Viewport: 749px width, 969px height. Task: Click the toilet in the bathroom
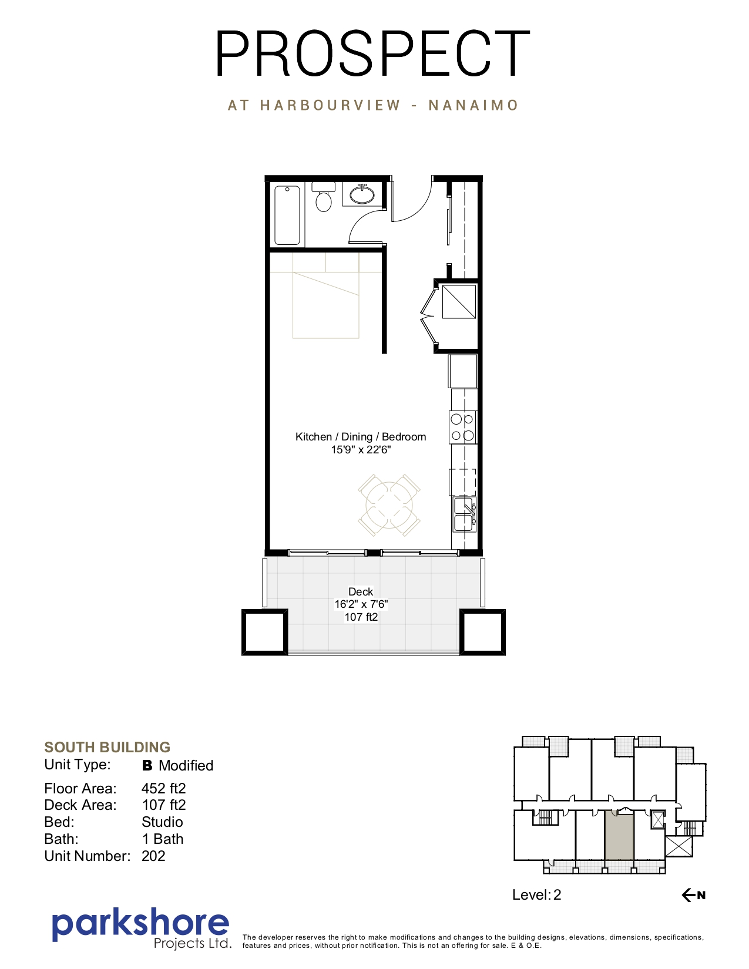pyautogui.click(x=324, y=197)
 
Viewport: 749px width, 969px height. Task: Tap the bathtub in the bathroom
pyautogui.click(x=287, y=216)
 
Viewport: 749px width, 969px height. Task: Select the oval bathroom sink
pyautogui.click(x=362, y=194)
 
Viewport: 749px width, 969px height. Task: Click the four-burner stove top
pyautogui.click(x=462, y=427)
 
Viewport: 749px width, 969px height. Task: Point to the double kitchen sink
pyautogui.click(x=465, y=514)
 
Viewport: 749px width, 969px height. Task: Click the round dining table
pyautogui.click(x=389, y=505)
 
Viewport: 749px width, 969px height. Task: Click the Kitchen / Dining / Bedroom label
pyautogui.click(x=361, y=436)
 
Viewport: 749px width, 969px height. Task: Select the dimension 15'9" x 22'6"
pyautogui.click(x=361, y=449)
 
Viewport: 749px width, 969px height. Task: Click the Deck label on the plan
pyautogui.click(x=361, y=592)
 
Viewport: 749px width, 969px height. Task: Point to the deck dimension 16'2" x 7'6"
pyautogui.click(x=361, y=604)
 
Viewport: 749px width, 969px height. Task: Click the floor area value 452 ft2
pyautogui.click(x=164, y=788)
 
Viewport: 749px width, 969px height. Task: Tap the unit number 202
pyautogui.click(x=153, y=856)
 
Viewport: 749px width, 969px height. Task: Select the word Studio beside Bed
pyautogui.click(x=162, y=822)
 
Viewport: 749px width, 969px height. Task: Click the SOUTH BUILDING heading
pyautogui.click(x=107, y=747)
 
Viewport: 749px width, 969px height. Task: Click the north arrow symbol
pyautogui.click(x=694, y=894)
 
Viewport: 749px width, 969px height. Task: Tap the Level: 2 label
pyautogui.click(x=537, y=894)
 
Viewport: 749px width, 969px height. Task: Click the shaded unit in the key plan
pyautogui.click(x=619, y=836)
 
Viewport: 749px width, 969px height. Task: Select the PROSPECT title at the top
pyautogui.click(x=373, y=53)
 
